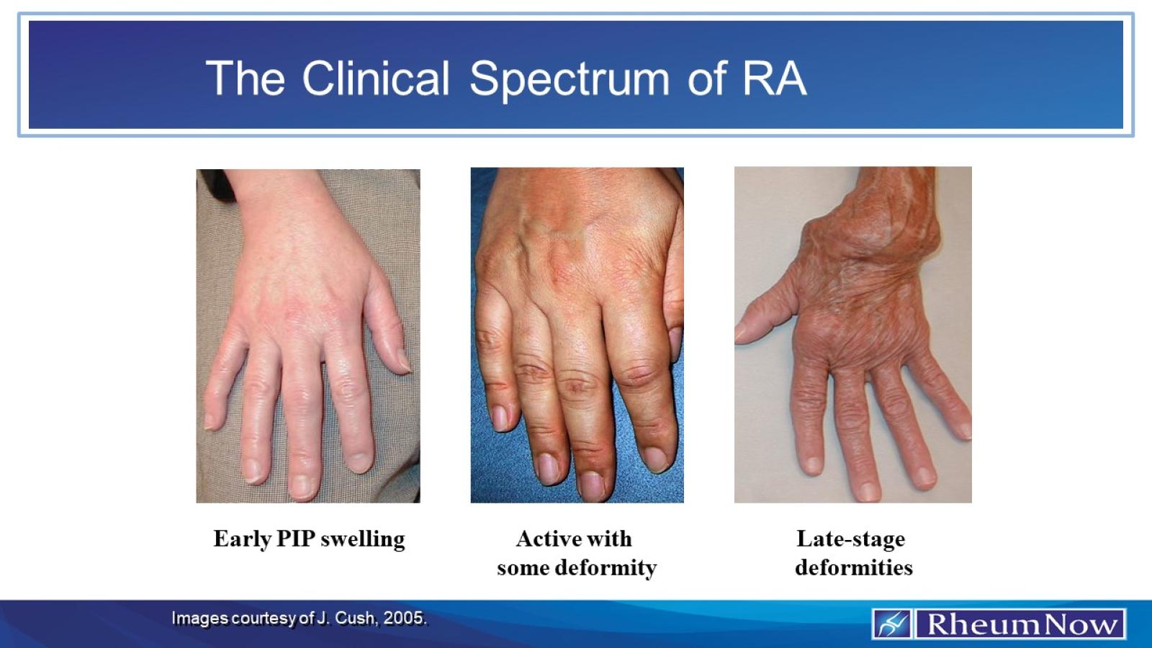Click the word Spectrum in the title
[x=569, y=79]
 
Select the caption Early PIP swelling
[x=309, y=539]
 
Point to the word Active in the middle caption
[x=544, y=539]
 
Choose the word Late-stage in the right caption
[x=850, y=539]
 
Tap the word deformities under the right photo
[x=853, y=567]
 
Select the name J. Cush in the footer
[x=346, y=618]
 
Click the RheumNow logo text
[x=1021, y=624]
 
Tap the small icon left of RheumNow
[x=892, y=624]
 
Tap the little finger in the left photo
[x=216, y=403]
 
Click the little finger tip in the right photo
[x=963, y=428]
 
